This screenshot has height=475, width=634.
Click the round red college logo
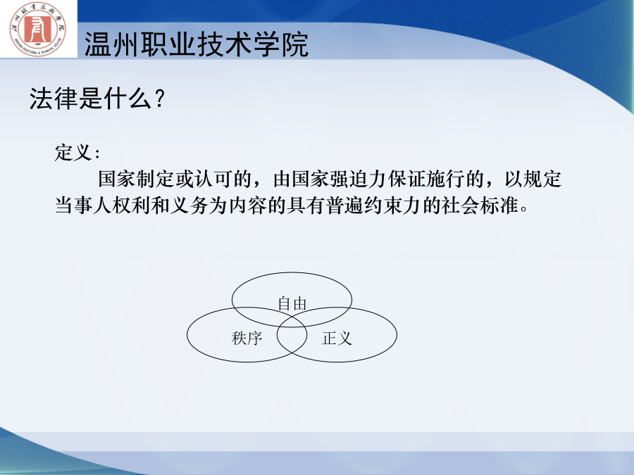[38, 29]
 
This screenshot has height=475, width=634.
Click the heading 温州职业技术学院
[197, 44]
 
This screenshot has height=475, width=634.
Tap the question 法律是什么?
[97, 98]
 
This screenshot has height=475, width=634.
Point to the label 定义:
[77, 153]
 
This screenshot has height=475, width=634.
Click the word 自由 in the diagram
[292, 304]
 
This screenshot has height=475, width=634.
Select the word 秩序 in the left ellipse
[247, 338]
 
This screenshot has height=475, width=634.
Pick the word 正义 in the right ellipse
[337, 338]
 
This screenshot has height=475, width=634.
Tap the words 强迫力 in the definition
[359, 179]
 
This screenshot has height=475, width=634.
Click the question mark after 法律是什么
[160, 99]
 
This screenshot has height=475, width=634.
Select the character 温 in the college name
[98, 44]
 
